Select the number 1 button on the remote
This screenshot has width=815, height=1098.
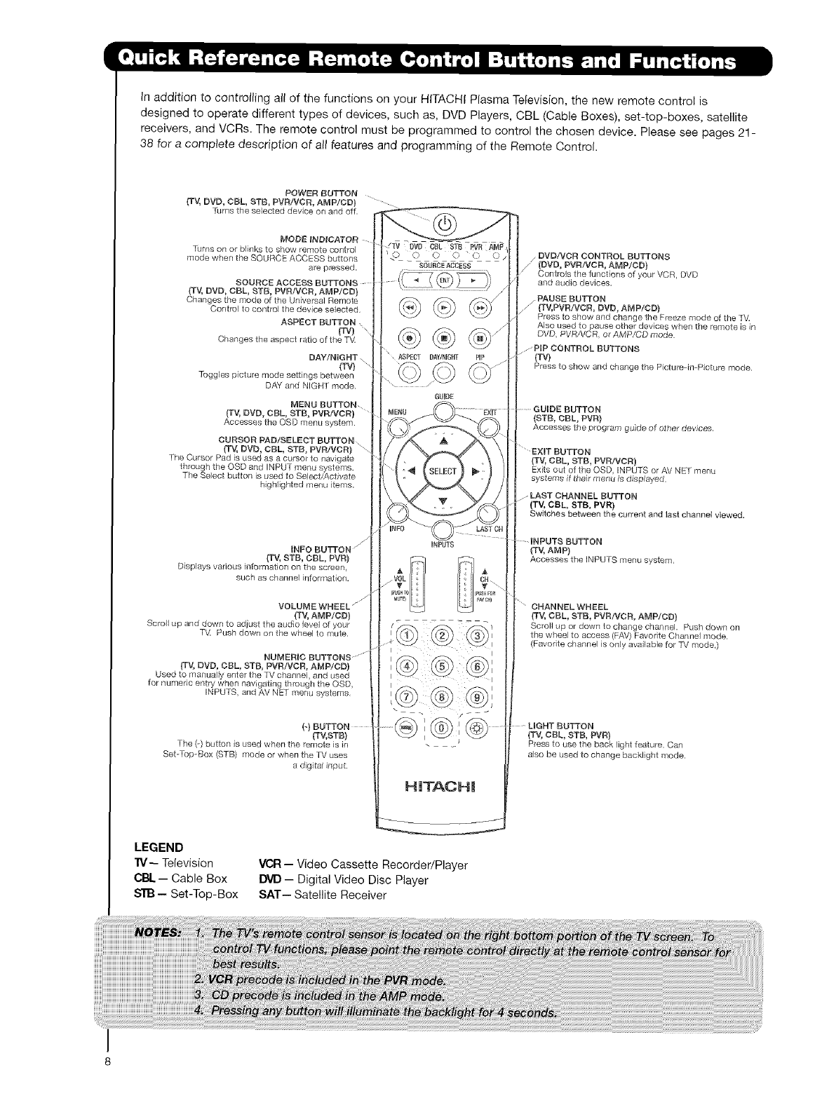pyautogui.click(x=407, y=636)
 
